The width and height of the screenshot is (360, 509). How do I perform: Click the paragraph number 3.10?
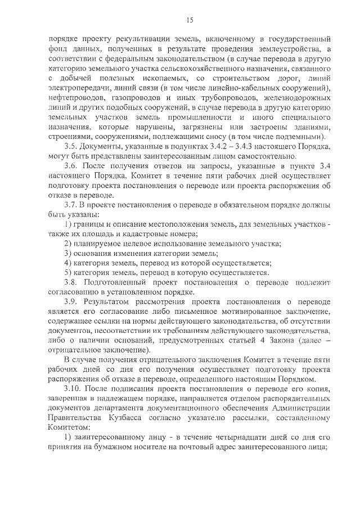[x=73, y=390]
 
